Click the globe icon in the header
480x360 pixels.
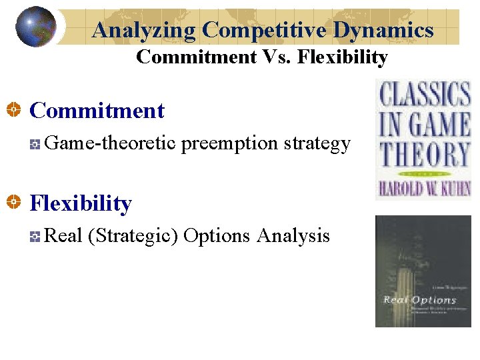pyautogui.click(x=35, y=27)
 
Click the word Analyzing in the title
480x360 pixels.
pyautogui.click(x=144, y=29)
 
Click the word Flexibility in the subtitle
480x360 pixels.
pyautogui.click(x=342, y=57)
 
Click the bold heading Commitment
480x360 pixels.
pyautogui.click(x=97, y=110)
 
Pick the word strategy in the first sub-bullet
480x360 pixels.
pyautogui.click(x=317, y=143)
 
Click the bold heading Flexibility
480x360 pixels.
pyautogui.click(x=81, y=203)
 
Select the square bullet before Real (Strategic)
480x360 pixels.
pyautogui.click(x=35, y=236)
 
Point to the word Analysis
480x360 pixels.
pyautogui.click(x=293, y=236)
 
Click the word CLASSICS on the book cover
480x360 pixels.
pyautogui.click(x=424, y=94)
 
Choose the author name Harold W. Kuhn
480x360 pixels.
pyautogui.click(x=424, y=188)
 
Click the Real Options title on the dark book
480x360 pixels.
pyautogui.click(x=419, y=299)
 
